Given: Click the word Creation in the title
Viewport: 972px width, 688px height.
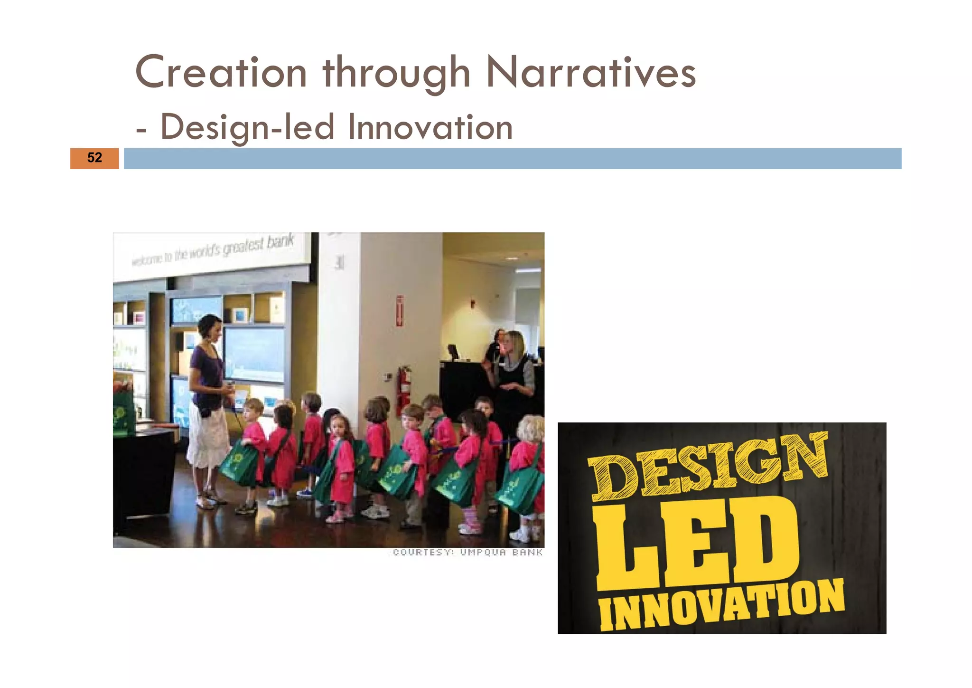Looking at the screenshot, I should [x=221, y=73].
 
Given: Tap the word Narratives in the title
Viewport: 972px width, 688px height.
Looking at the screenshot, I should [x=591, y=73].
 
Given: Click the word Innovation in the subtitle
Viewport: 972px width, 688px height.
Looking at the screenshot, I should [x=430, y=127].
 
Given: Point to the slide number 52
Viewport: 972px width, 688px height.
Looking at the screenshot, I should [x=94, y=158].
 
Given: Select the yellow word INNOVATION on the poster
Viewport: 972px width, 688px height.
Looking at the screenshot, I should [x=721, y=606].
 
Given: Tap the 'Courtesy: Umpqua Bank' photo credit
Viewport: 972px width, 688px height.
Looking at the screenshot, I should [x=467, y=552].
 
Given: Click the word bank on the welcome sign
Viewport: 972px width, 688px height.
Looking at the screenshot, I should [x=280, y=241].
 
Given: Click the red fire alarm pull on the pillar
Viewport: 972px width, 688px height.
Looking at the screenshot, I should [x=400, y=311].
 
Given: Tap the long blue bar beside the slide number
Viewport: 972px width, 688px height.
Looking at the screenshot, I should [x=513, y=158].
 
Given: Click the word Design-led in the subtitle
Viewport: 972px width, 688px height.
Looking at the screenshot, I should [x=247, y=127].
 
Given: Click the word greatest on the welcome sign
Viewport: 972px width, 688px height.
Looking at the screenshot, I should [x=243, y=247].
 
